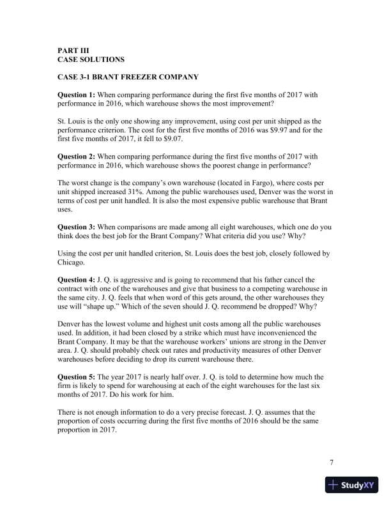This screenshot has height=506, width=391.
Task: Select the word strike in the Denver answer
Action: click(181, 333)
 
